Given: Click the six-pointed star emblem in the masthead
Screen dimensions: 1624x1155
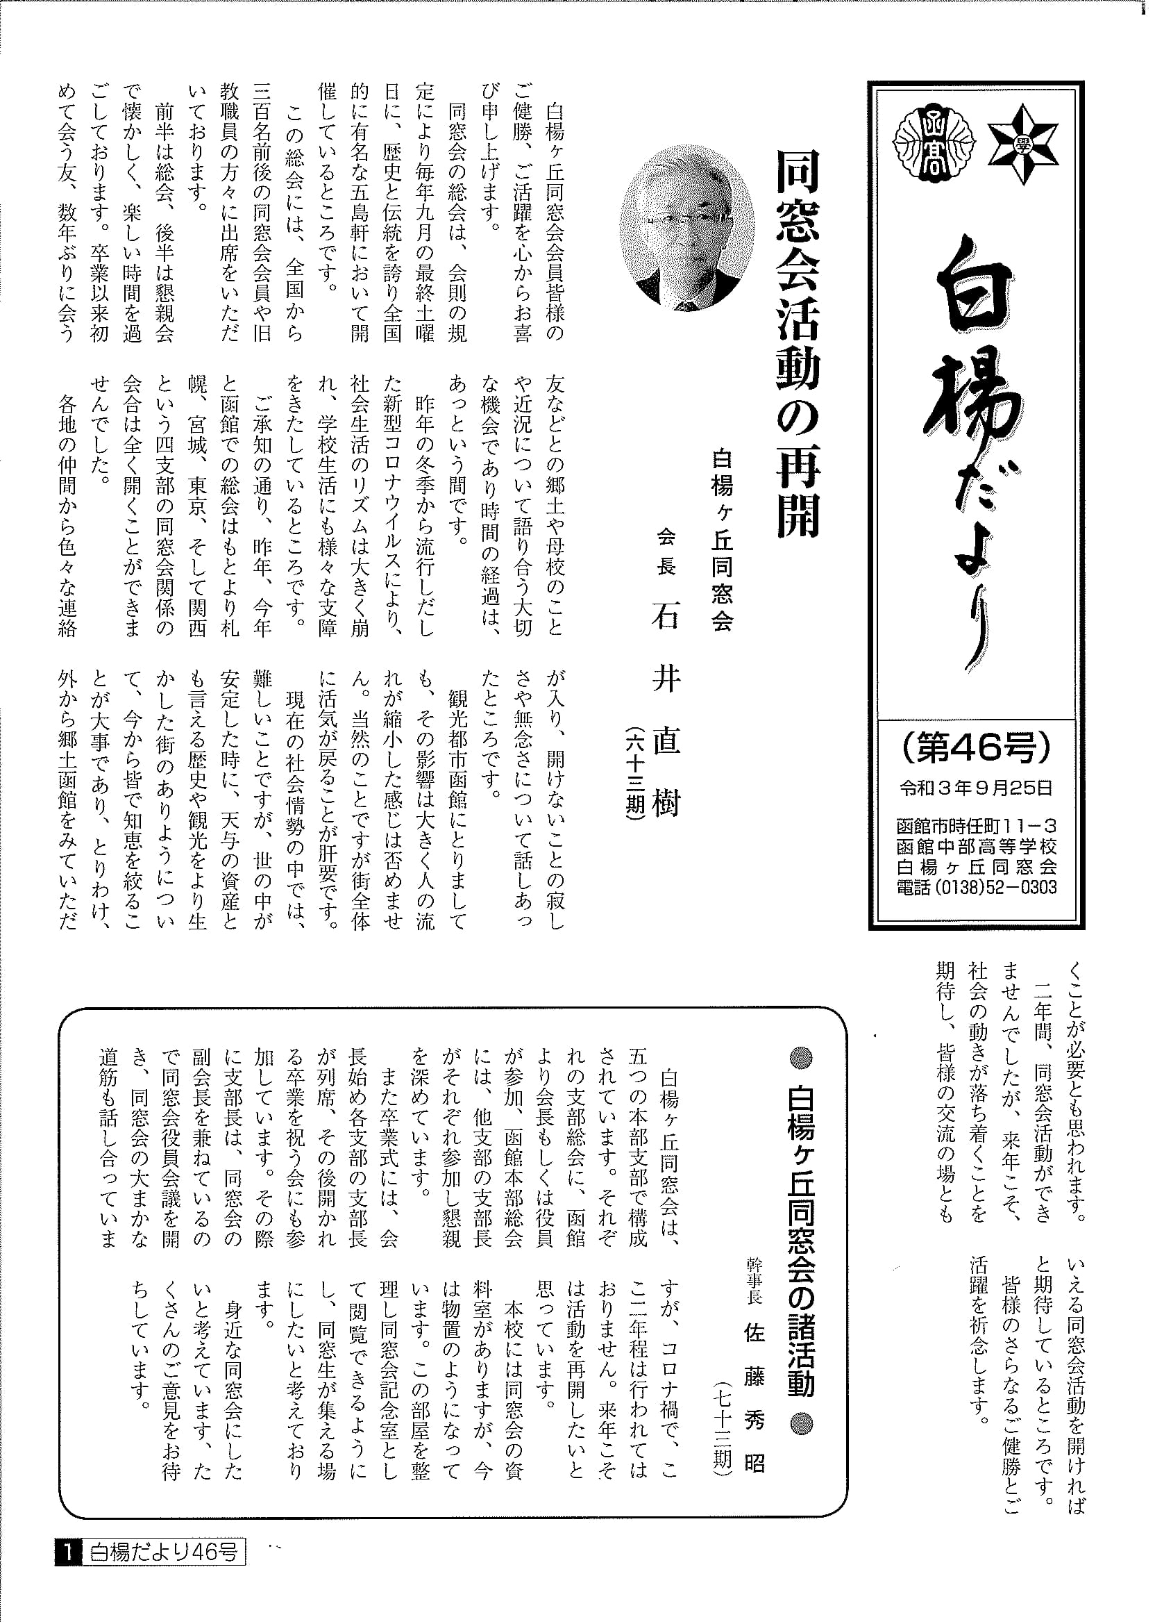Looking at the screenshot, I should (x=1022, y=144).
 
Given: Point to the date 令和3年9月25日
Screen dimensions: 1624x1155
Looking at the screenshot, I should (x=976, y=788).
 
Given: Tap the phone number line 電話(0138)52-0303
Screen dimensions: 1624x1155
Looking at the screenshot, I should (x=977, y=887).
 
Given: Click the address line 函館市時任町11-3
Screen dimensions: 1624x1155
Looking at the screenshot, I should (x=977, y=827).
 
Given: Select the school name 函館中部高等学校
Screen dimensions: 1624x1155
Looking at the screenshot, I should (x=977, y=847).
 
